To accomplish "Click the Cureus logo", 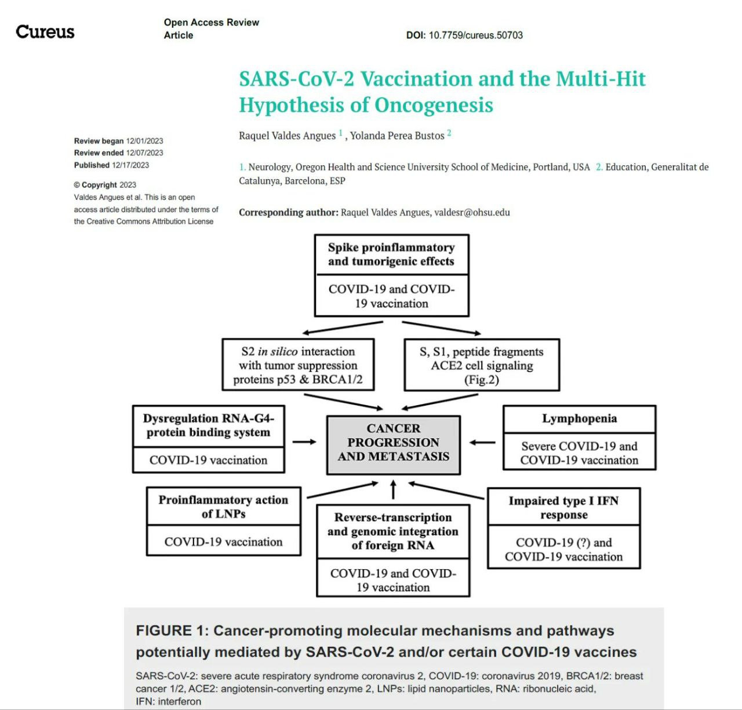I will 45,31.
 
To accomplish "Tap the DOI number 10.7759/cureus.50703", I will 475,35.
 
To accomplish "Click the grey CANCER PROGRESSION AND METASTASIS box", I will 394,443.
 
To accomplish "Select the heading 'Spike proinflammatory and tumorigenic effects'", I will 391,254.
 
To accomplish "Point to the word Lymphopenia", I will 579,418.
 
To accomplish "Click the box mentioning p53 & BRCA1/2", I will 298,366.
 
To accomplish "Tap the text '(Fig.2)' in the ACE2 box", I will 482,380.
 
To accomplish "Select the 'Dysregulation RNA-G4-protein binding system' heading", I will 208,425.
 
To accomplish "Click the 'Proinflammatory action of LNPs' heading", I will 223,507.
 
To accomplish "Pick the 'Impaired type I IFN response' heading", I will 563,508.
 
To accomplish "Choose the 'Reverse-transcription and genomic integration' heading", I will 393,531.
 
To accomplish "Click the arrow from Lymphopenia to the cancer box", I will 482,443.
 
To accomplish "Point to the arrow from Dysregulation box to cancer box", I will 304,442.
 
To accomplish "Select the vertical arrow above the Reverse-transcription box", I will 394,490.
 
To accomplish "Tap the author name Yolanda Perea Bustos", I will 397,136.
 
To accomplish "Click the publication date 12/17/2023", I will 130,165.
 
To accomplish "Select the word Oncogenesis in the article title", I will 434,105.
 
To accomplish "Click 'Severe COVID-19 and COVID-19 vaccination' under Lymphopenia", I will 579,453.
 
